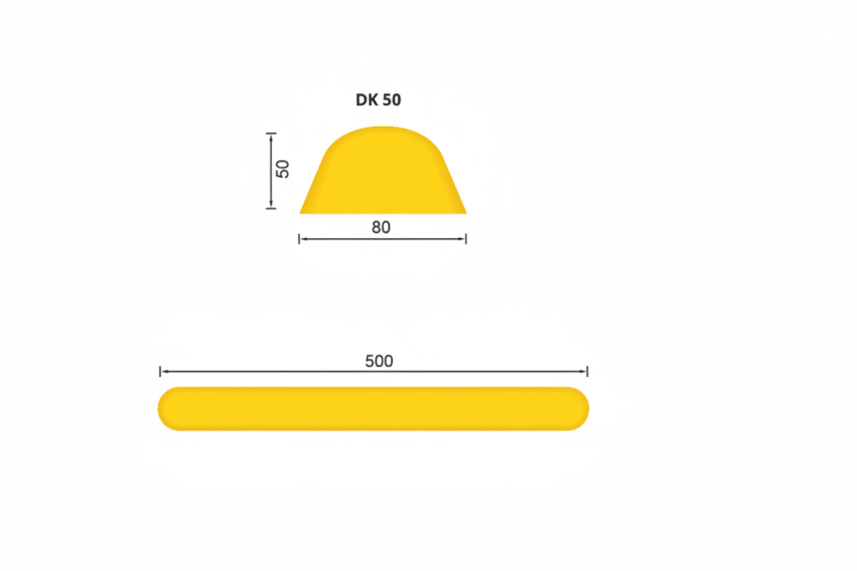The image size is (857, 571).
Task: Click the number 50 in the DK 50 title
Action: click(x=392, y=100)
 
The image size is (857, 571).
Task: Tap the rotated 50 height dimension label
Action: click(x=283, y=169)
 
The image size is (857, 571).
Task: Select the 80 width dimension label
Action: click(x=381, y=228)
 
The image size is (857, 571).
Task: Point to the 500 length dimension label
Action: click(x=379, y=362)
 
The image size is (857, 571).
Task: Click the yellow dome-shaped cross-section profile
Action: click(x=383, y=170)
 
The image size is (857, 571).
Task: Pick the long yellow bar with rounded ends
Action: click(x=374, y=409)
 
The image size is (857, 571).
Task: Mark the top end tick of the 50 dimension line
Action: click(x=271, y=133)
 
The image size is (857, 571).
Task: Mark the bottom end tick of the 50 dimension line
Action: click(x=271, y=209)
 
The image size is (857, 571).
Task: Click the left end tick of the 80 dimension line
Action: click(x=299, y=240)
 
